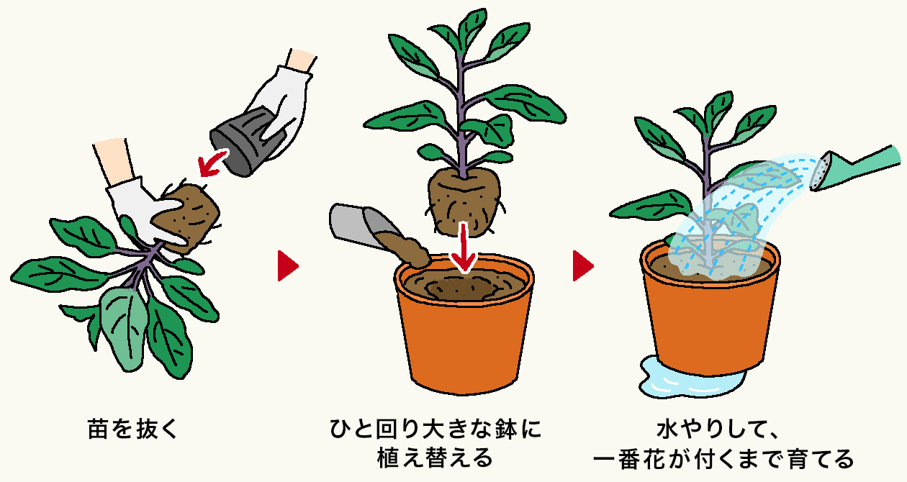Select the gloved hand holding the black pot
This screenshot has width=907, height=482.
(x=282, y=106)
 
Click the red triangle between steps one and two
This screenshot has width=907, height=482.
(x=288, y=266)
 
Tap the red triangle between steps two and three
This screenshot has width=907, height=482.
(x=583, y=266)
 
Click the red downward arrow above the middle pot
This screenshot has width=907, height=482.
(x=464, y=247)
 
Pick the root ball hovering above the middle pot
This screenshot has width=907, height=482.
(x=464, y=201)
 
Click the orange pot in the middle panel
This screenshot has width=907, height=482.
(x=464, y=324)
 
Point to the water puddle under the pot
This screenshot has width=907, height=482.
(x=688, y=378)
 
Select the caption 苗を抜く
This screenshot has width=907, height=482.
(x=133, y=429)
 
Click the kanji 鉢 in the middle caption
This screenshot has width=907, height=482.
(x=506, y=429)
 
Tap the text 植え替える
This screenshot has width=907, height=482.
(x=436, y=458)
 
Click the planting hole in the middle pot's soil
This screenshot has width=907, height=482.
(x=461, y=289)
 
